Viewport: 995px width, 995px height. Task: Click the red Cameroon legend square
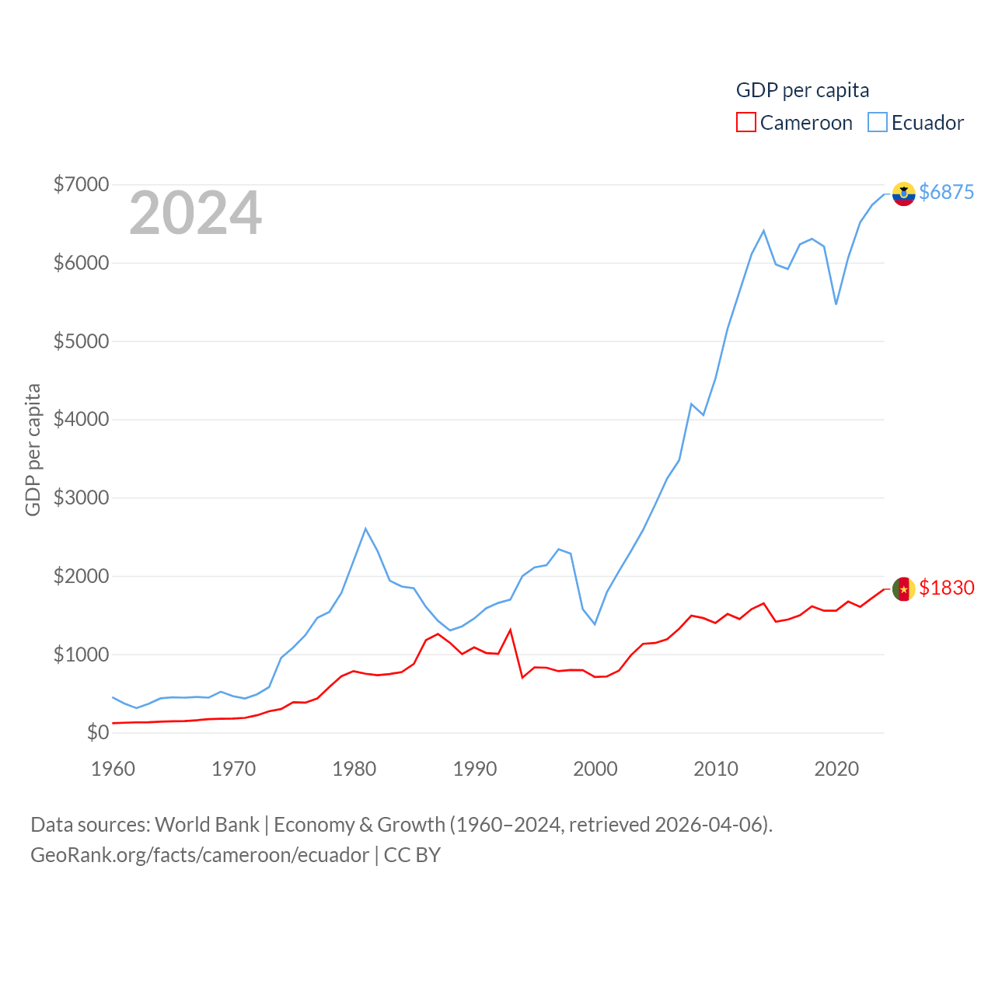[745, 123]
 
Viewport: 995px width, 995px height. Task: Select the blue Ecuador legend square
[878, 123]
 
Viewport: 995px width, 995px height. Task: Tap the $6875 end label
[946, 192]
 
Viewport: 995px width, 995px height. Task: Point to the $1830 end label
[946, 588]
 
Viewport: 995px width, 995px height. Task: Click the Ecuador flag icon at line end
[903, 194]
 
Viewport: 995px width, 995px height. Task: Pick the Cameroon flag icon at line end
[903, 589]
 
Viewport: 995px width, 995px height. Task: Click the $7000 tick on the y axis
[81, 184]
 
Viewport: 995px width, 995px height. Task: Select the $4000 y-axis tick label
[81, 419]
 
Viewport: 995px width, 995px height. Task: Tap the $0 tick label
[98, 732]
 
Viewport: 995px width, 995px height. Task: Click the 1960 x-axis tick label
[113, 769]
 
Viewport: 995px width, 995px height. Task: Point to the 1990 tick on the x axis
[475, 769]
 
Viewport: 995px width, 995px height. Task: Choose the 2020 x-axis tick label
[836, 769]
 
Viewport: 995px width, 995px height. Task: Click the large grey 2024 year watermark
[195, 213]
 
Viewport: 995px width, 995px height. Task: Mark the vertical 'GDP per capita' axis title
[33, 449]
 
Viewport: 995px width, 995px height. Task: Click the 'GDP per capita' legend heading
[802, 90]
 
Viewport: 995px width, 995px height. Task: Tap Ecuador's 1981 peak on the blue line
[365, 529]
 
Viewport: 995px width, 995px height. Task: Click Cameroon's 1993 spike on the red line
[510, 630]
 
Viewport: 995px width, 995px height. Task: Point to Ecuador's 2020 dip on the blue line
[836, 304]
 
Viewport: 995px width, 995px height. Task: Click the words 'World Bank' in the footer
[207, 824]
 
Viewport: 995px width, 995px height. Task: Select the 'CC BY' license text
[412, 855]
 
